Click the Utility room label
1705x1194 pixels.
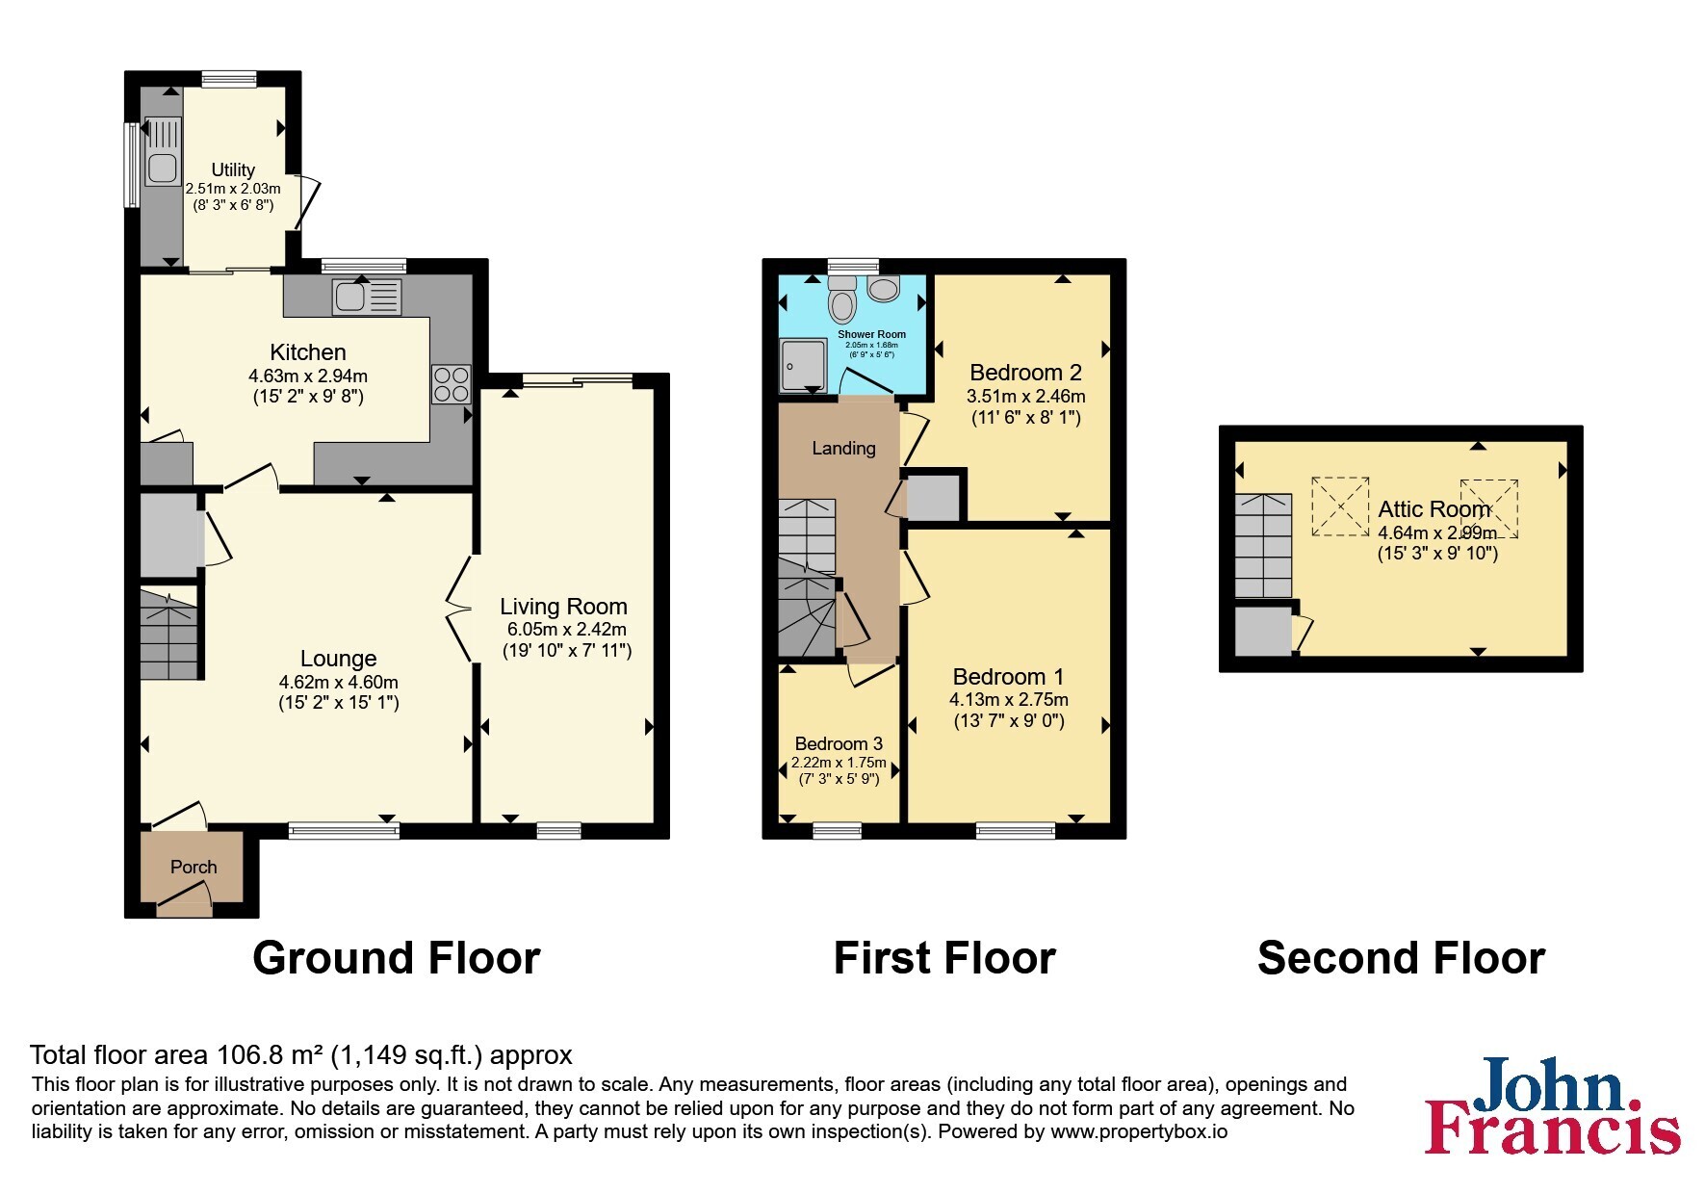(x=233, y=169)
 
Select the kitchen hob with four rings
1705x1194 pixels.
(x=451, y=384)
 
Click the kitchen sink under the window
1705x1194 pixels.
(x=366, y=296)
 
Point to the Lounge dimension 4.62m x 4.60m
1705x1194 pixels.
(x=339, y=682)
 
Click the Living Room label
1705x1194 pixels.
(x=563, y=607)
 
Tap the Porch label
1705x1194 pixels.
(x=194, y=867)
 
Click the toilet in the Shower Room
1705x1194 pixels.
(x=843, y=299)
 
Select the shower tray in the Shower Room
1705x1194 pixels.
(x=803, y=365)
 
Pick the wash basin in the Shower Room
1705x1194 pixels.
(x=883, y=286)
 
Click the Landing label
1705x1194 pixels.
(x=843, y=448)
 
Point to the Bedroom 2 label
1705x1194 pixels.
(x=1025, y=373)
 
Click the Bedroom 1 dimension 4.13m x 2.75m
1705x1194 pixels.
(x=1009, y=700)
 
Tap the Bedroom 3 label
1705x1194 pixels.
(x=839, y=743)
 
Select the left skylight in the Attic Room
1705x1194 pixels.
(x=1340, y=506)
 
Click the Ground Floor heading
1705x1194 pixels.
(x=397, y=958)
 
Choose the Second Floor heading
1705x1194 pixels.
(x=1401, y=958)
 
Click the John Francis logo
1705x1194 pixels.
(x=1553, y=1105)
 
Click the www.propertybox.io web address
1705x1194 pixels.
(x=1139, y=1132)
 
